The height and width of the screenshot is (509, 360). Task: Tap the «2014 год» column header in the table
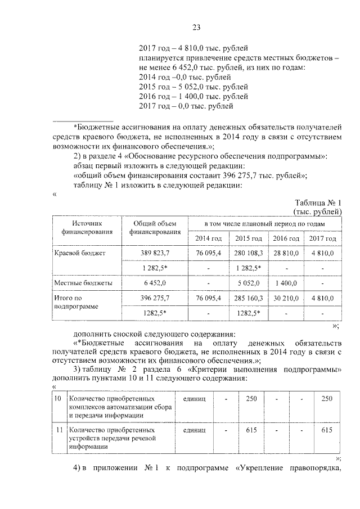(208, 239)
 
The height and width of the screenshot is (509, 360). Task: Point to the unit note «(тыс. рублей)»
(318, 211)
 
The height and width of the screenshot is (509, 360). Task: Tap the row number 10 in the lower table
(57, 399)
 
